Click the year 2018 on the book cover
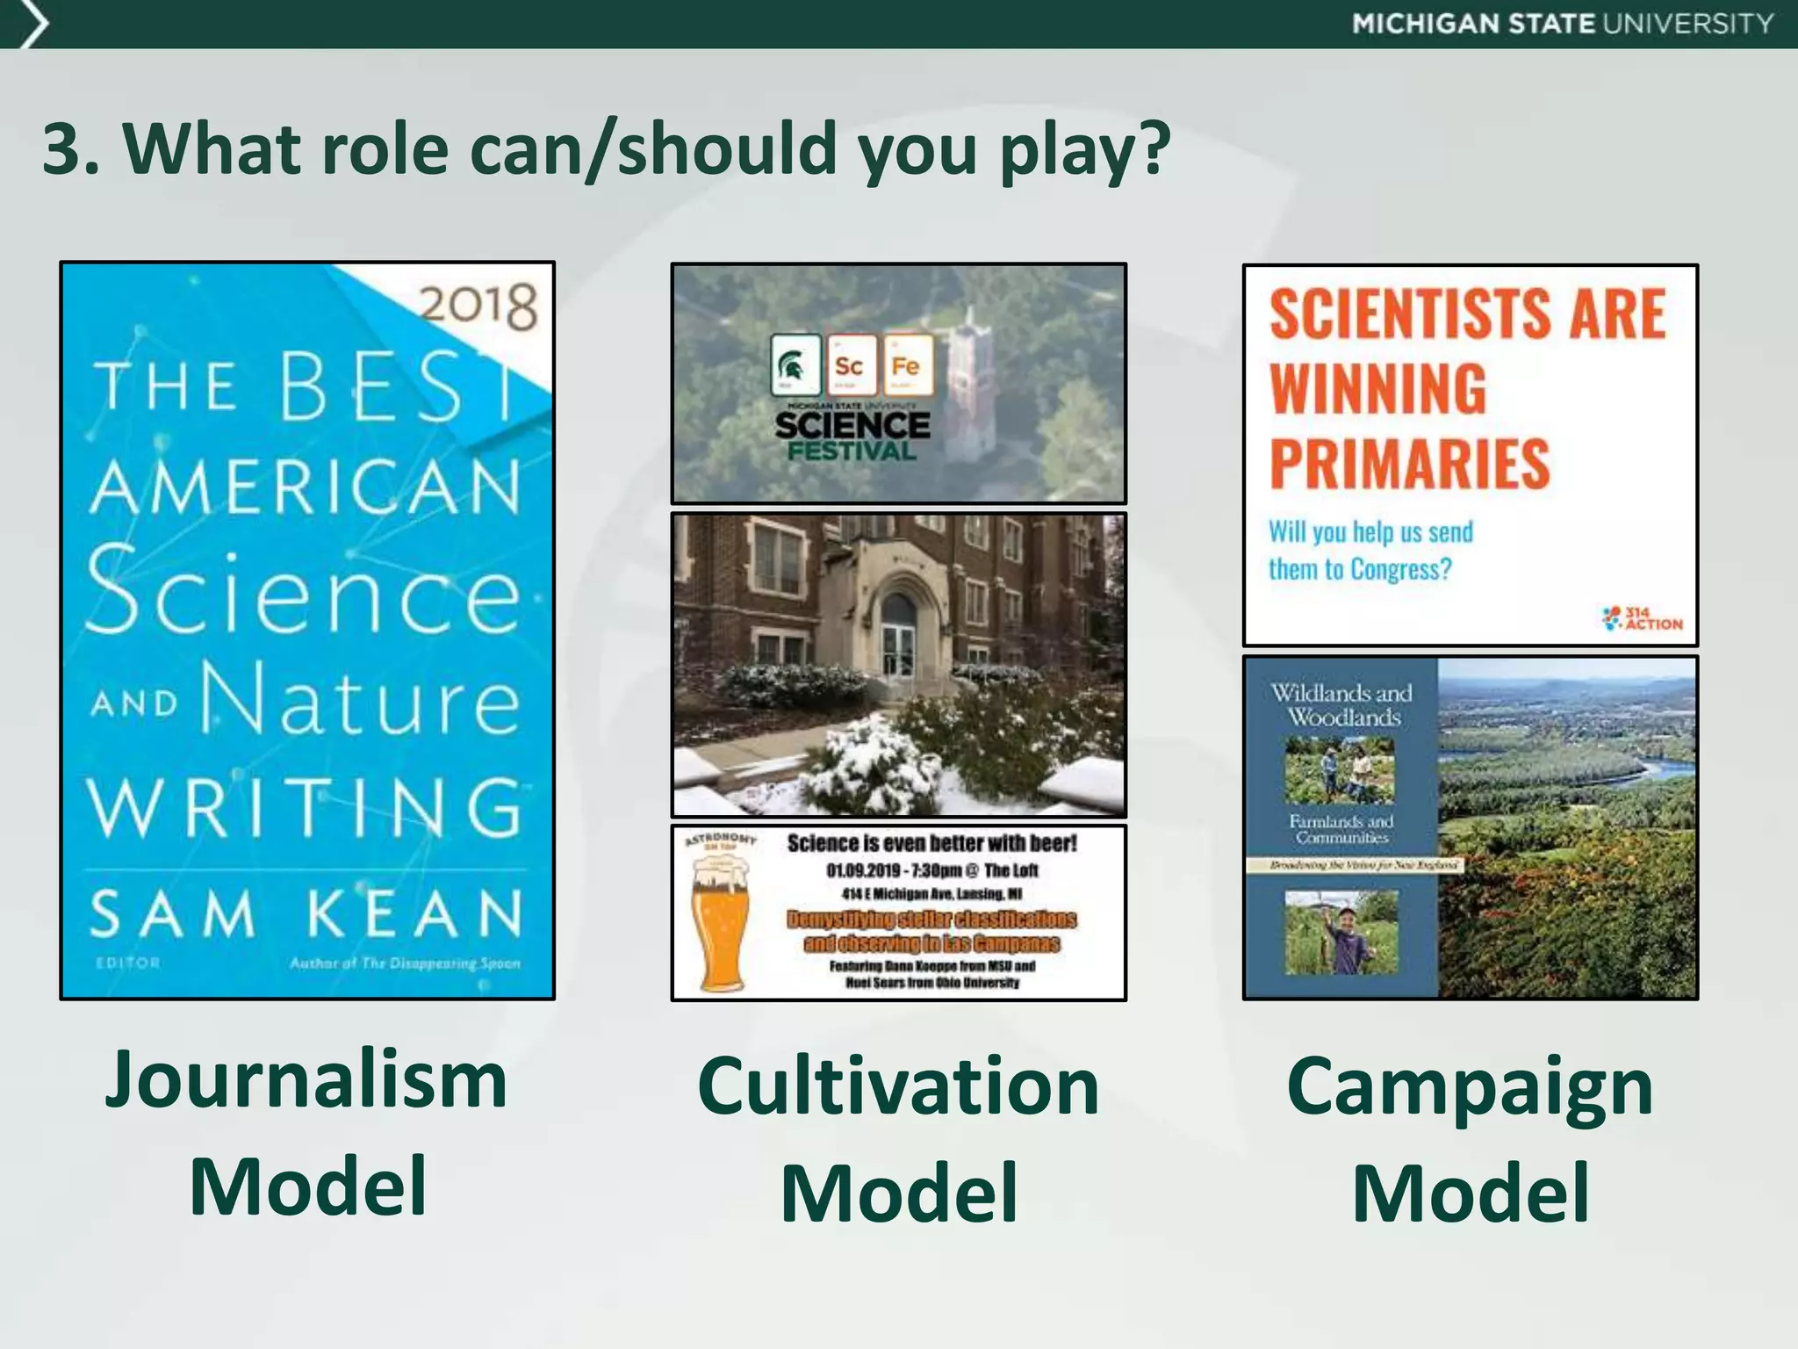click(x=478, y=307)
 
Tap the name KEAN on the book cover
click(x=415, y=914)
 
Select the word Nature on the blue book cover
click(x=361, y=698)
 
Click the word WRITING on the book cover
click(x=306, y=808)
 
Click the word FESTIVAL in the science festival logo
click(x=852, y=451)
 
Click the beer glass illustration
click(x=719, y=920)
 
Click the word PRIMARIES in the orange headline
click(x=1410, y=464)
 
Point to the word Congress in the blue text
click(x=1399, y=570)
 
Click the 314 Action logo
click(x=1642, y=618)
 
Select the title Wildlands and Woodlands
click(x=1341, y=704)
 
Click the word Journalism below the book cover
click(x=306, y=1079)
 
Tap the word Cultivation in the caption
click(x=898, y=1086)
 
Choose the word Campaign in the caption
click(x=1470, y=1086)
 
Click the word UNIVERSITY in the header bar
click(x=1688, y=24)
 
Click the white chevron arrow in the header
click(x=32, y=24)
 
